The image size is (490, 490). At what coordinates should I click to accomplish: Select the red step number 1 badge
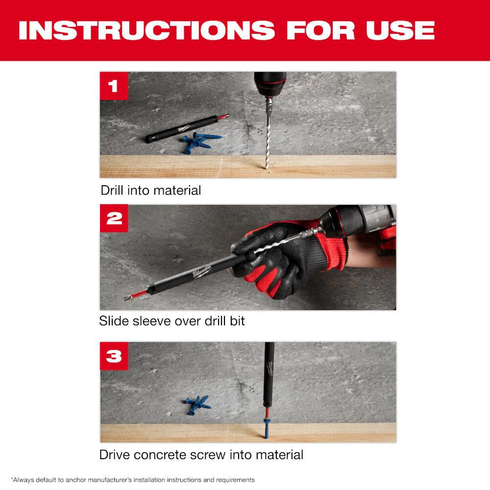[x=114, y=86]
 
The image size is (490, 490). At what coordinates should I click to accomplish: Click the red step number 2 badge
[x=114, y=219]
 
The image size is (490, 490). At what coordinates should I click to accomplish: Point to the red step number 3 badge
[x=114, y=356]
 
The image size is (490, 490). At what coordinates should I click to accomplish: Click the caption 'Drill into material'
[x=151, y=190]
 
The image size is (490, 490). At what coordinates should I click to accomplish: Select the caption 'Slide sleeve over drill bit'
[x=172, y=321]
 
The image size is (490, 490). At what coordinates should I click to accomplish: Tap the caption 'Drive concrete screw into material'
[x=201, y=454]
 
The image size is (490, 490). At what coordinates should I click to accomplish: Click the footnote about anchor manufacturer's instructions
[x=132, y=480]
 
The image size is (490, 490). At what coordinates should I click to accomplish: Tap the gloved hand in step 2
[x=284, y=260]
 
